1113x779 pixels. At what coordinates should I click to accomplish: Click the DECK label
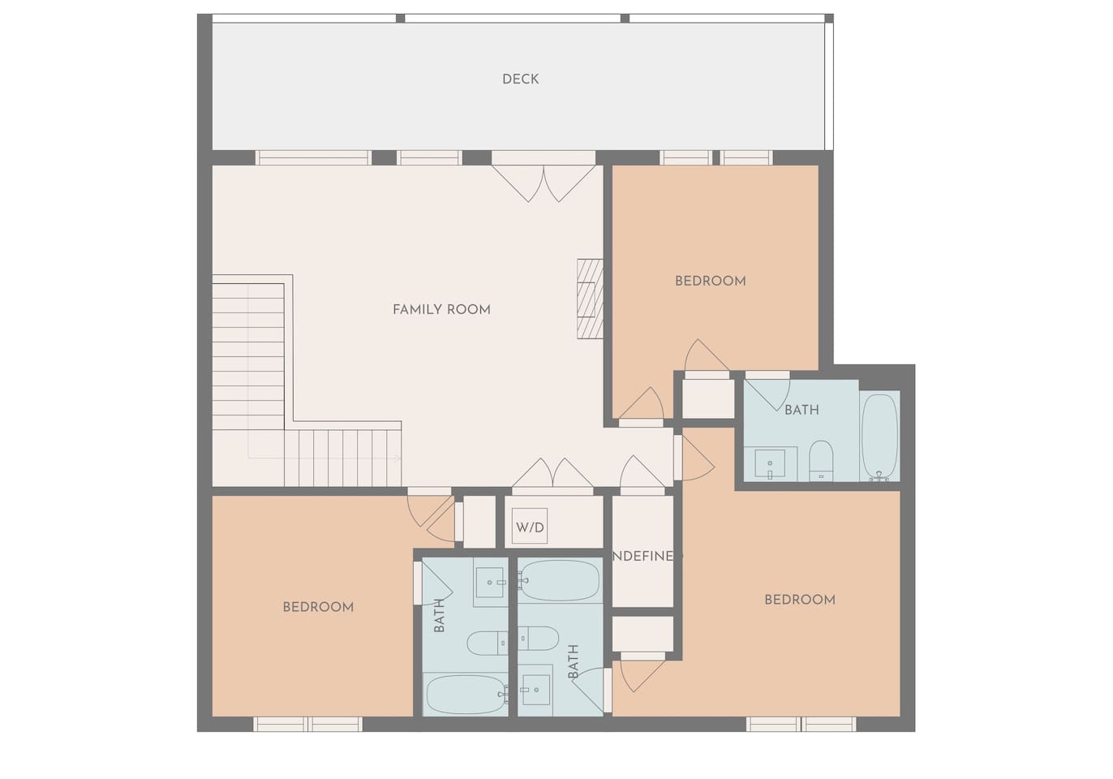tap(520, 79)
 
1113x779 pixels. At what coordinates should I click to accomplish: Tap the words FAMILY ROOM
tap(441, 309)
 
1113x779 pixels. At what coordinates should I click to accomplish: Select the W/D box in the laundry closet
tap(530, 527)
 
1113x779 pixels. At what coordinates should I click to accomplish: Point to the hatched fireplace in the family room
tap(590, 299)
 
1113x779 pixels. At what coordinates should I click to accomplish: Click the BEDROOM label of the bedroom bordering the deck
tap(710, 281)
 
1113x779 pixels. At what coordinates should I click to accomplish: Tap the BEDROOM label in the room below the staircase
tap(318, 607)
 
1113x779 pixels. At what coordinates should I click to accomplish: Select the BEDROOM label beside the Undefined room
tap(799, 600)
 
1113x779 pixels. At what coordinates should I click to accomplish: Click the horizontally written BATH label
tap(801, 410)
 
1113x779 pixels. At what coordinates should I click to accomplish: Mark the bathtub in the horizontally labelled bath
tap(879, 437)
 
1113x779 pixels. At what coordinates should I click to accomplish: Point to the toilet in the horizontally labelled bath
tap(821, 461)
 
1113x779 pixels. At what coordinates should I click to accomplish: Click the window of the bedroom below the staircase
tap(307, 724)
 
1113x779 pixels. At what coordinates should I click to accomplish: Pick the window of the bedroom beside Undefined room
tap(801, 724)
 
